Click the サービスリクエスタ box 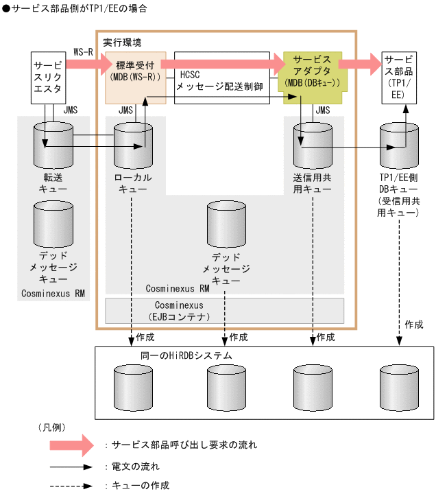(x=47, y=78)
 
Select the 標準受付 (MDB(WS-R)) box (x=136, y=76)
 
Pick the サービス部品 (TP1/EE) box (x=397, y=78)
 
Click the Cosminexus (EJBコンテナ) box (x=224, y=310)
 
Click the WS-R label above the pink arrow (x=83, y=52)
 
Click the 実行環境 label (x=122, y=43)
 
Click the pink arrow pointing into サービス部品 (x=359, y=64)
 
